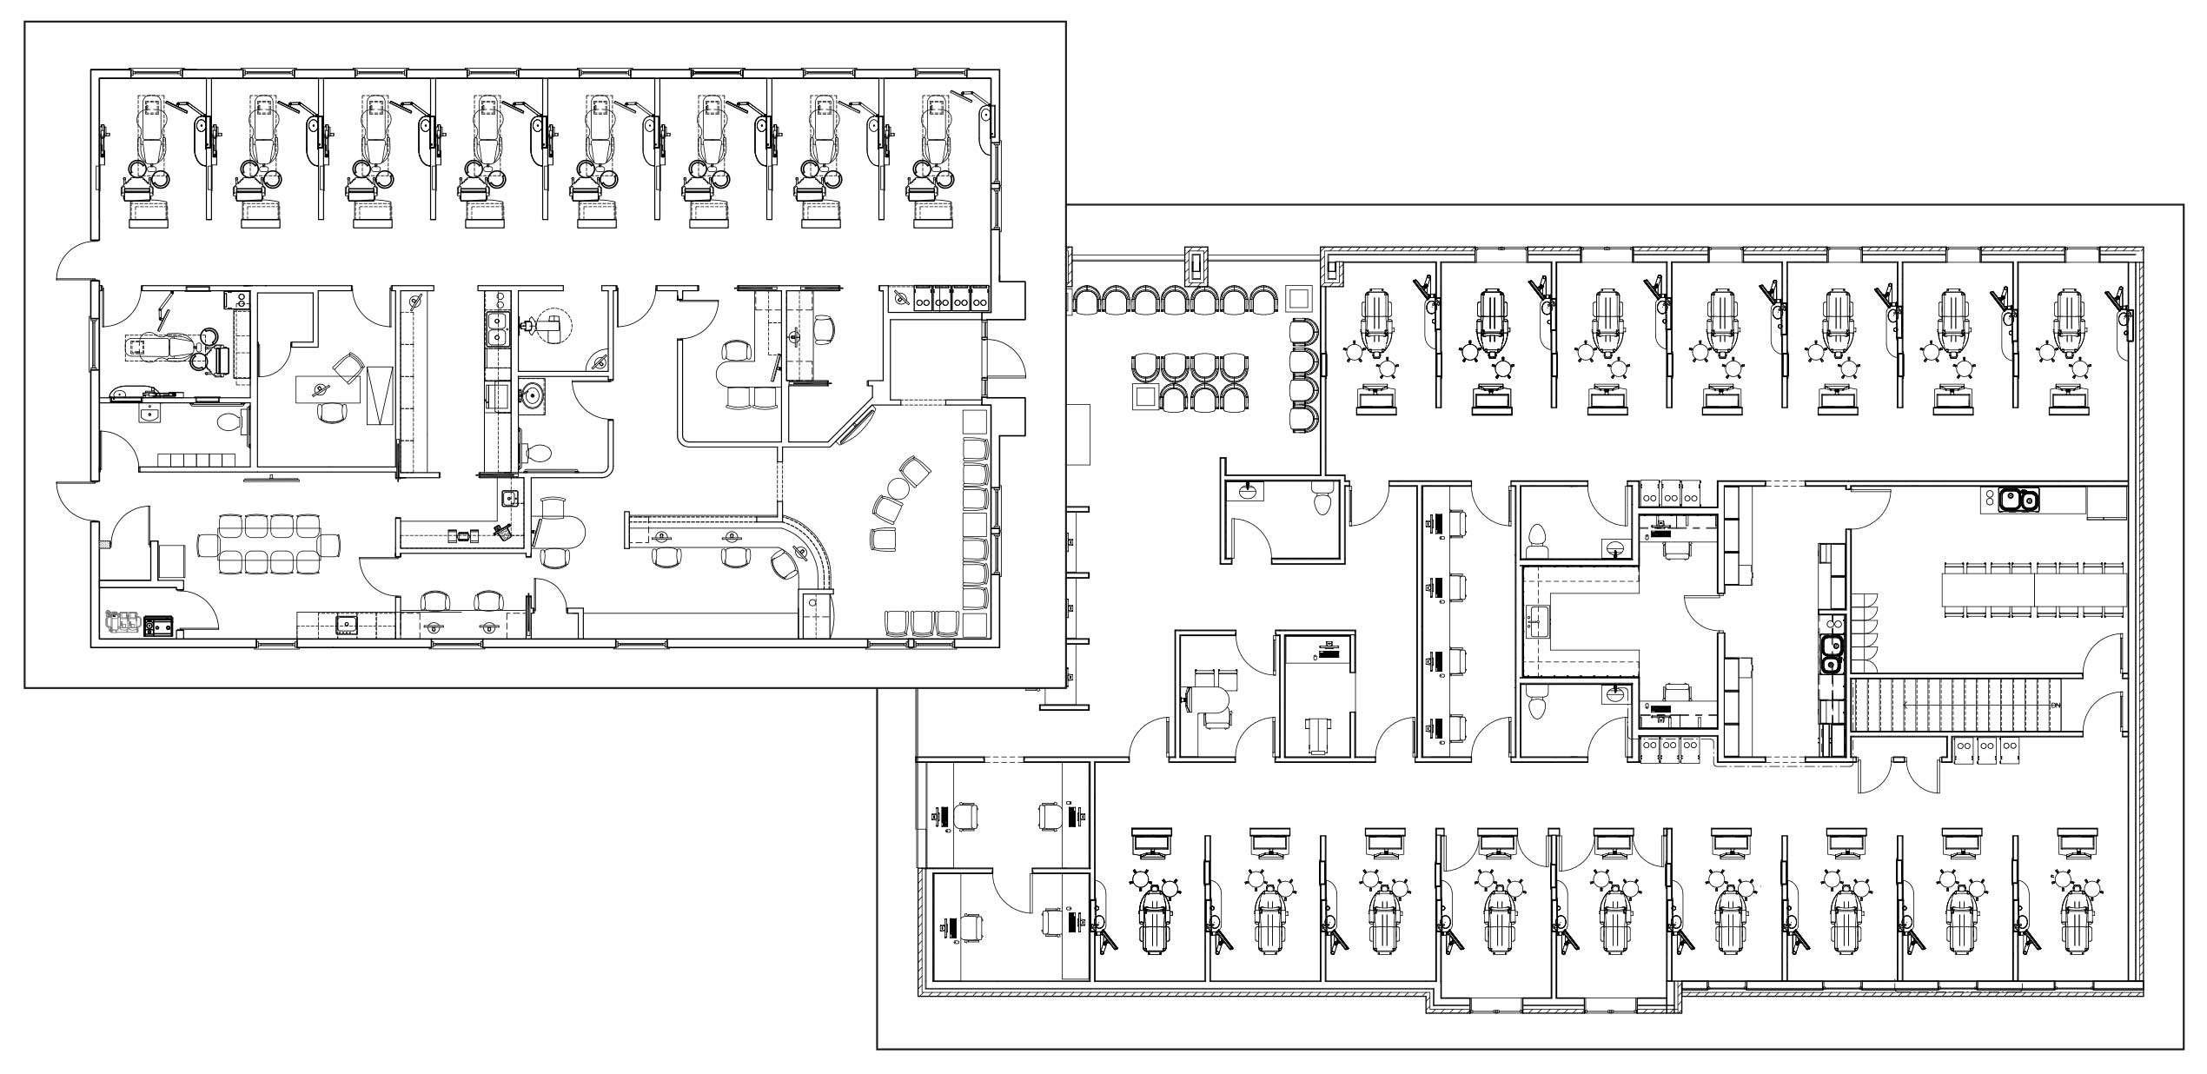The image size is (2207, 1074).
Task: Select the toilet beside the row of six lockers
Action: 229,423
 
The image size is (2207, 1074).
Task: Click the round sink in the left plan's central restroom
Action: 532,396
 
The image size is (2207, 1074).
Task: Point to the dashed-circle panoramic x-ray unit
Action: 553,327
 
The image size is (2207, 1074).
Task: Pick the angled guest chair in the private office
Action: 349,366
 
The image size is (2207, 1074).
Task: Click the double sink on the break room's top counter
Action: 2018,500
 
